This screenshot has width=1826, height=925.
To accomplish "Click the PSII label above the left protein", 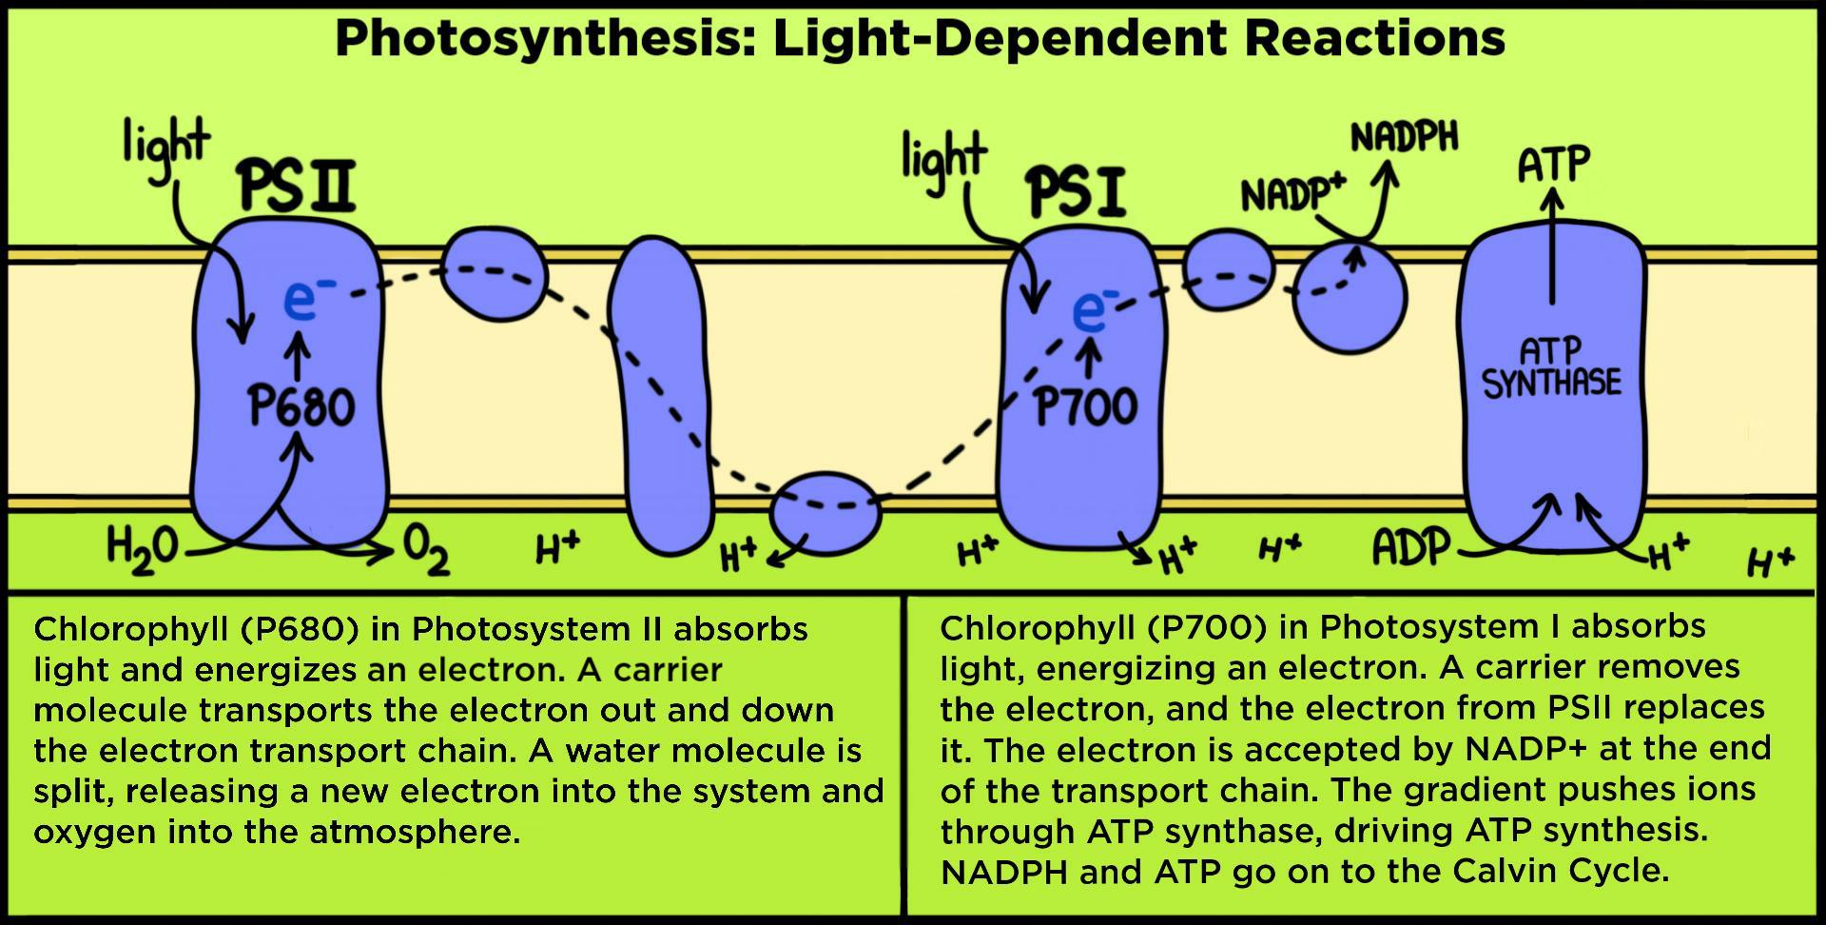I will (x=297, y=186).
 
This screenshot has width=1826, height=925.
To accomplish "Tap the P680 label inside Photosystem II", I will (x=301, y=406).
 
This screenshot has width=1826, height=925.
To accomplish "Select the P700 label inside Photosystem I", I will (x=1085, y=406).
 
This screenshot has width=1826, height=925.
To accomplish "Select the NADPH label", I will (x=1404, y=138).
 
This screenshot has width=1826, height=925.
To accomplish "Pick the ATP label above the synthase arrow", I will (x=1552, y=165).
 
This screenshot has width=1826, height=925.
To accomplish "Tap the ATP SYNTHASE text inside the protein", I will (x=1551, y=367).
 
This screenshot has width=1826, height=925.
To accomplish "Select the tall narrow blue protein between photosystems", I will (x=659, y=395).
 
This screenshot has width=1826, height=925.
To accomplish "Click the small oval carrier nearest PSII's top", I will (x=495, y=273).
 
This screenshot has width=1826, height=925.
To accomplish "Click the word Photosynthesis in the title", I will (x=544, y=39).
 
